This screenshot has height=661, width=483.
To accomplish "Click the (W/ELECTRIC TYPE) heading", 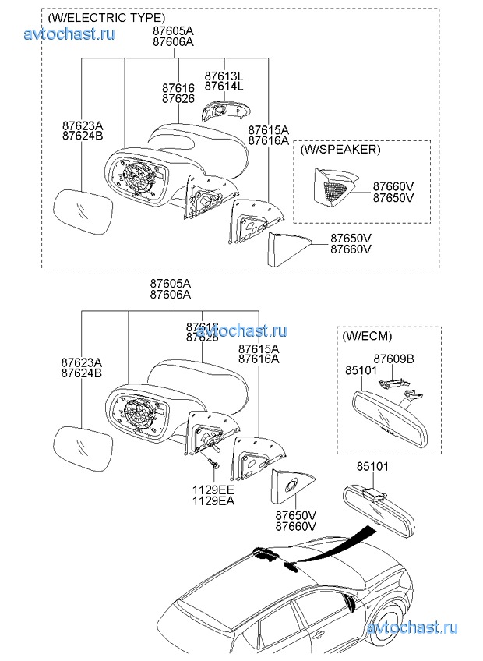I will (106, 17).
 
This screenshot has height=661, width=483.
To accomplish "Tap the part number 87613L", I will (224, 76).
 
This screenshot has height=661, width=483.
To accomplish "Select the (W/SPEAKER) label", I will (340, 149).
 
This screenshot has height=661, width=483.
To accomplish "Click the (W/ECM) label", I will (367, 336).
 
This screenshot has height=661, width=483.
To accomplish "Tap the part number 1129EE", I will (214, 490).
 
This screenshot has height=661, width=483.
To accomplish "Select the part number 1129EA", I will (214, 500).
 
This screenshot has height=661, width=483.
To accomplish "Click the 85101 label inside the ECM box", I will (361, 372).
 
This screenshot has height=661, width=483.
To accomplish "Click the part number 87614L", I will (224, 87).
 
